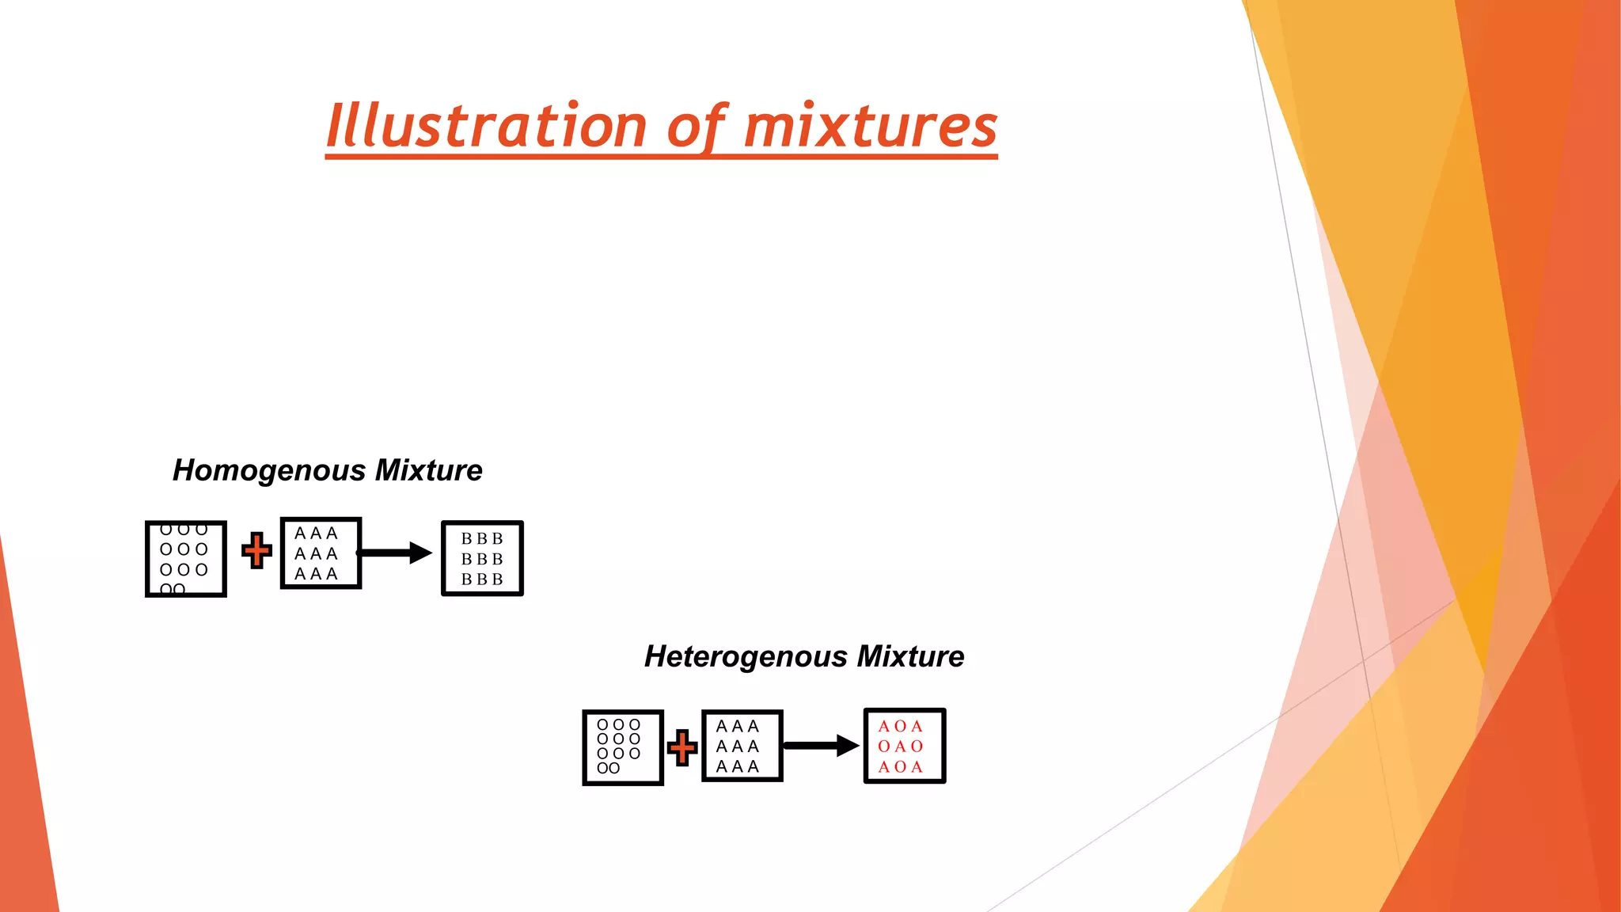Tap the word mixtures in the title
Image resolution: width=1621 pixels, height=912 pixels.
pyautogui.click(x=871, y=127)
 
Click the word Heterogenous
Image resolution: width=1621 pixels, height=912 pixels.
pyautogui.click(x=746, y=657)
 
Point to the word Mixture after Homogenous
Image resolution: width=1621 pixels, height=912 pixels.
pyautogui.click(x=429, y=471)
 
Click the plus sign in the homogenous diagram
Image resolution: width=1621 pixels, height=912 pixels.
pyautogui.click(x=256, y=551)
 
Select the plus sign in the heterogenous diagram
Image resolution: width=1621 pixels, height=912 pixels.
pyautogui.click(x=682, y=747)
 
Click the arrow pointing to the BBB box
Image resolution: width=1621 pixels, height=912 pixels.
pyautogui.click(x=396, y=553)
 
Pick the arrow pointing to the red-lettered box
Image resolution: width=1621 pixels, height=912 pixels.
pyautogui.click(x=821, y=746)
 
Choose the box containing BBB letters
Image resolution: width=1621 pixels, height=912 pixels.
pyautogui.click(x=482, y=558)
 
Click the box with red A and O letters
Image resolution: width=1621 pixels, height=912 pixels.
pyautogui.click(x=905, y=746)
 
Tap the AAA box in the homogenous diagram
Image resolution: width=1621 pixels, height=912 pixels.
pyautogui.click(x=321, y=553)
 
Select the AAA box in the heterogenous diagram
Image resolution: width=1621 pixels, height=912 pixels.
pyautogui.click(x=742, y=746)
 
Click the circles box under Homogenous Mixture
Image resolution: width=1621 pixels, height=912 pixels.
pyautogui.click(x=186, y=559)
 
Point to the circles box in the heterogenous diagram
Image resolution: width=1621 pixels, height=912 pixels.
pyautogui.click(x=623, y=747)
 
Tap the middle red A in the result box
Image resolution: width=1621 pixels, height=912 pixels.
pyautogui.click(x=901, y=747)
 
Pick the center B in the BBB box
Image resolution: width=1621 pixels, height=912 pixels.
pyautogui.click(x=482, y=559)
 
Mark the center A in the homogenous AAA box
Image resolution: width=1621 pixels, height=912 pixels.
pyautogui.click(x=316, y=553)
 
